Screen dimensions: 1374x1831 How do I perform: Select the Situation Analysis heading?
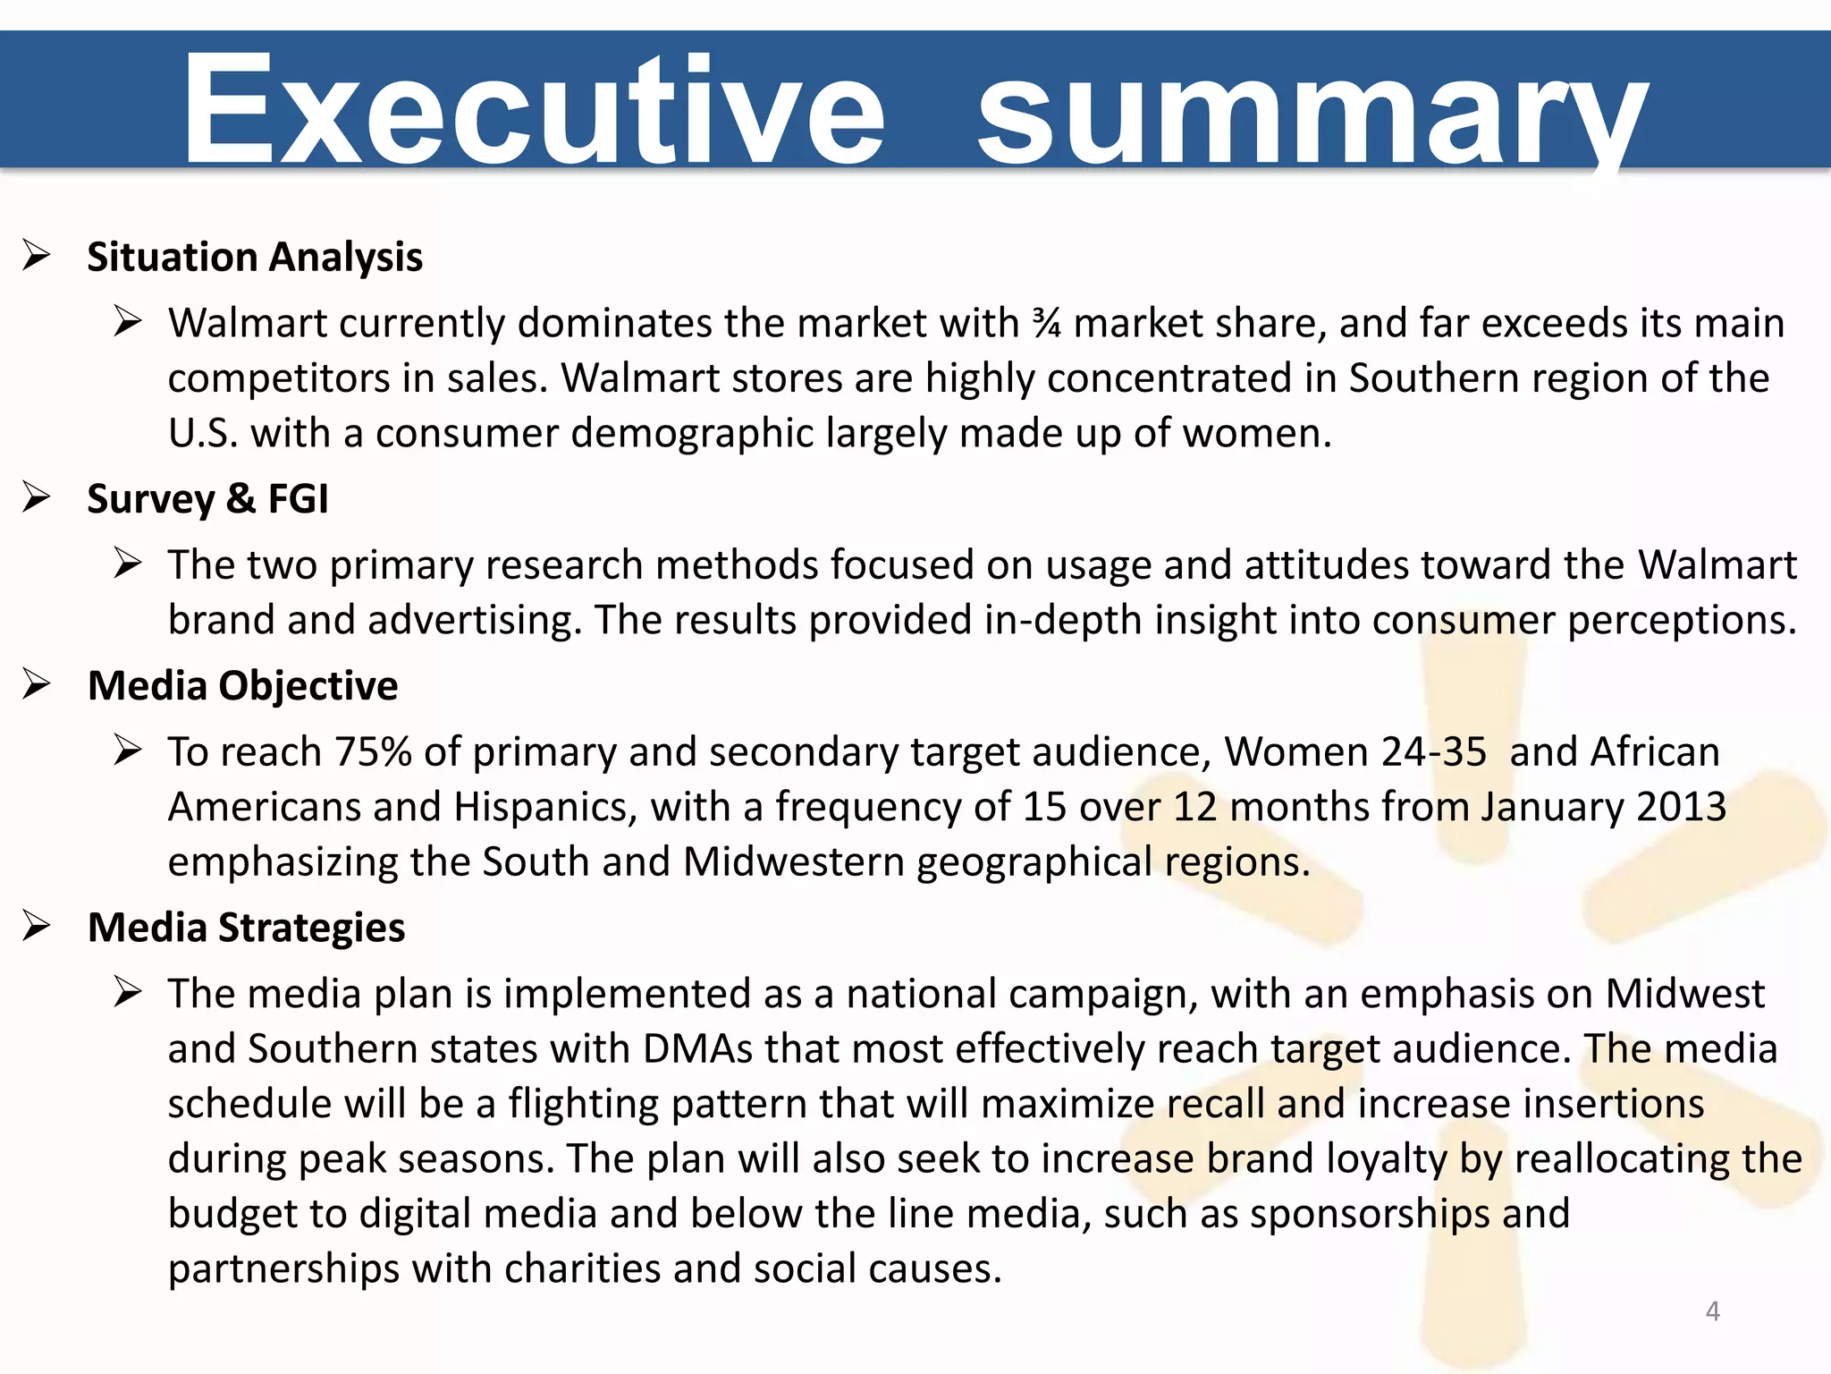(255, 257)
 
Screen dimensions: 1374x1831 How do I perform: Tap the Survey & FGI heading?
(207, 498)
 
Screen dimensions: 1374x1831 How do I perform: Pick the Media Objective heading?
(242, 686)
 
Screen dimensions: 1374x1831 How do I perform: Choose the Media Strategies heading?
(246, 928)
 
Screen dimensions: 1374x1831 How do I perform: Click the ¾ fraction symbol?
(1046, 323)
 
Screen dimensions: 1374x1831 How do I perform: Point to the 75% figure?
(373, 751)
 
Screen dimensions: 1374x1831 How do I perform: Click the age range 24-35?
(1433, 751)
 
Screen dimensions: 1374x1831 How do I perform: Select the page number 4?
(1712, 1311)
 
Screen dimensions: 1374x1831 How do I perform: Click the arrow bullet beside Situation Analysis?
(37, 256)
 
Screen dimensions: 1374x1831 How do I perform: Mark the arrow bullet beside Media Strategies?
(37, 927)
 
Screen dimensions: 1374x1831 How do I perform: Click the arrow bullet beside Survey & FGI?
(37, 497)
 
